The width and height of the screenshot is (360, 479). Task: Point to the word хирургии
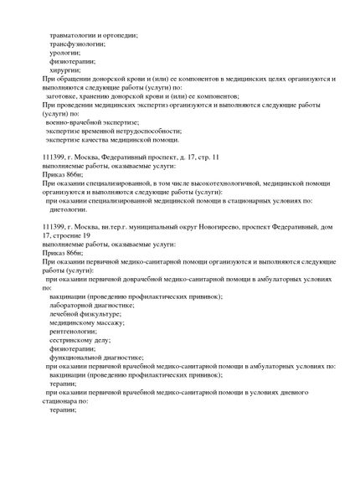coord(69,70)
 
